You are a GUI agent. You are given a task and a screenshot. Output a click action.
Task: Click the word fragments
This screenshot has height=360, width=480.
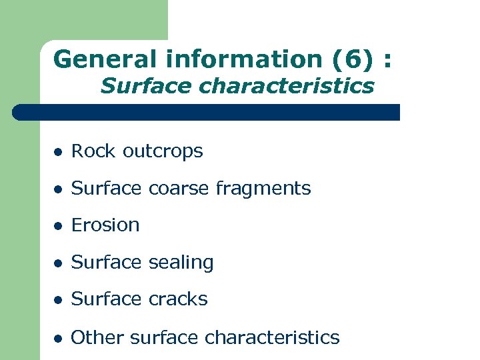pos(263,189)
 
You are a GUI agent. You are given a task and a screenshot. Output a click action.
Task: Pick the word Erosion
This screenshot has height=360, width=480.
pos(105,225)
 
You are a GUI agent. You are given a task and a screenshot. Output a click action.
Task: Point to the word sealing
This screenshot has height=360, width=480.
pos(181,263)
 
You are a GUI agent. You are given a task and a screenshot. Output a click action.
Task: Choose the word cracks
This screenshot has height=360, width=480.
pos(178,299)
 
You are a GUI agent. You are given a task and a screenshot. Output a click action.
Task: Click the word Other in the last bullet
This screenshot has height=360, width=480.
pos(97,337)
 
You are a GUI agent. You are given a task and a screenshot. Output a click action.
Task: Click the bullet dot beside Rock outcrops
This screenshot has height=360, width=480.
pos(58,152)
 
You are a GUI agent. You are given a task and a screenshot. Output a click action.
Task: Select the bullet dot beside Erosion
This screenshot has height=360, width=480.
pos(58,226)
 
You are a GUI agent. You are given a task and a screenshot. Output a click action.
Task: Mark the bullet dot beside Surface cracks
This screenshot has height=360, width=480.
pos(58,300)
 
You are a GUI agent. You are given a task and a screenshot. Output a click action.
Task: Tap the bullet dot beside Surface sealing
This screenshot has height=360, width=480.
pos(58,263)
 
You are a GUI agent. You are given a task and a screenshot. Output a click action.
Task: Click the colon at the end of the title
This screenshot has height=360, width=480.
pos(387,60)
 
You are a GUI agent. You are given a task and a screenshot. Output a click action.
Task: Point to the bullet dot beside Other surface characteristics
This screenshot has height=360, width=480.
pos(58,338)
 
